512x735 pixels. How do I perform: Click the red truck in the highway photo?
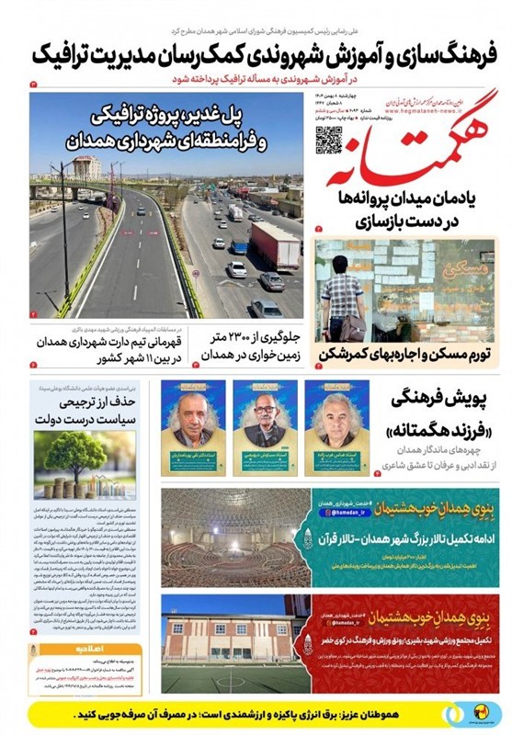coord(275,245)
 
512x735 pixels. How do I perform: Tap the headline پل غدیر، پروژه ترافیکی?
coord(188,119)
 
